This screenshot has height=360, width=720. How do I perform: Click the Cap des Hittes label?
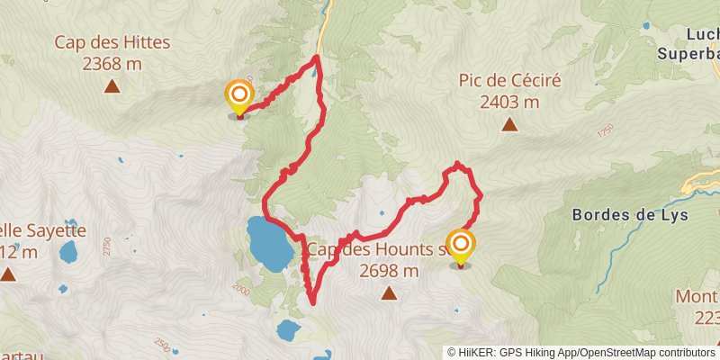point(112,42)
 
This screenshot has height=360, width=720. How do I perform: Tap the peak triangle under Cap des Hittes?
point(112,86)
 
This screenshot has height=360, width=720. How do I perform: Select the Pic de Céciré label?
point(509,81)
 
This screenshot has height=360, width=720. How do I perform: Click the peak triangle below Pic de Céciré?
point(509,125)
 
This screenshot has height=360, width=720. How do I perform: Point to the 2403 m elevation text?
point(509,102)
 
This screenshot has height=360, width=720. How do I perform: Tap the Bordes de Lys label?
point(630,215)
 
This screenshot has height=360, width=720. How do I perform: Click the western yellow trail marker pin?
point(238,97)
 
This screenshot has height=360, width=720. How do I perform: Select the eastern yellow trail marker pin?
point(461,246)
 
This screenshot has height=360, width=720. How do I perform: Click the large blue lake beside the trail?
point(269,241)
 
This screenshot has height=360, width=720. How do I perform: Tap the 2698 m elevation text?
point(389,270)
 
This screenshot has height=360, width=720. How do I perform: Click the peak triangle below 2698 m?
point(389,292)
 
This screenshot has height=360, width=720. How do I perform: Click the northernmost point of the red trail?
point(318,57)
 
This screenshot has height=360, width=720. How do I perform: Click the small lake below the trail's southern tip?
point(289,329)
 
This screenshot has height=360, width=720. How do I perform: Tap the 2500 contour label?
point(162,345)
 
